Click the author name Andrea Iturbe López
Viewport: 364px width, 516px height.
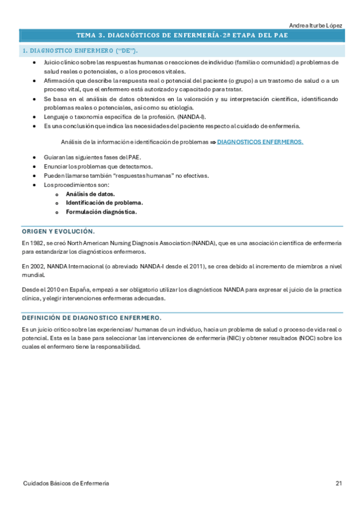tap(316, 25)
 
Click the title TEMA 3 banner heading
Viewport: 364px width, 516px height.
tap(182, 35)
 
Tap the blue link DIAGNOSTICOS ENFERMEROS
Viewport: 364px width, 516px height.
tap(260, 142)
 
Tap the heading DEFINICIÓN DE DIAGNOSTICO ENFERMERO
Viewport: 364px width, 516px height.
tap(91, 318)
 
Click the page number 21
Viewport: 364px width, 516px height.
tap(338, 483)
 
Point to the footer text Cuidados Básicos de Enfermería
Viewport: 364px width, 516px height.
tap(66, 483)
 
